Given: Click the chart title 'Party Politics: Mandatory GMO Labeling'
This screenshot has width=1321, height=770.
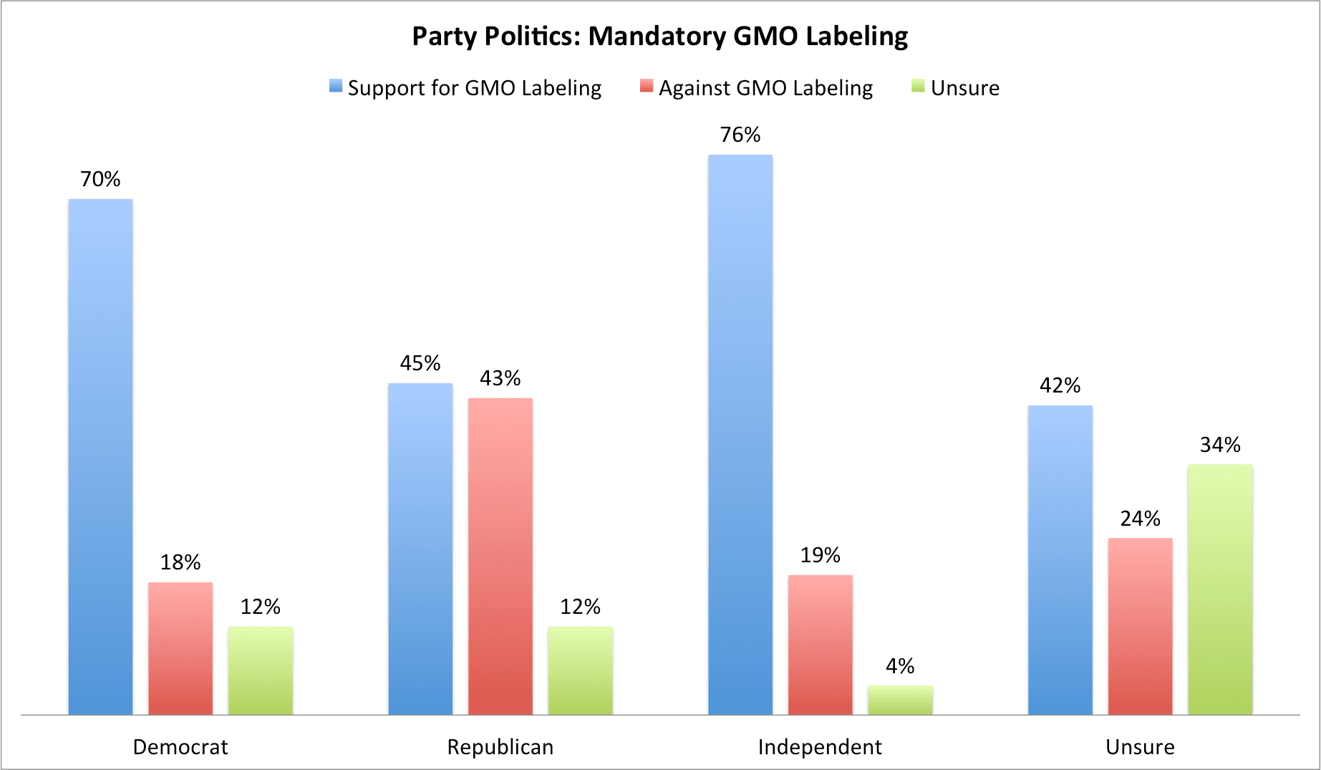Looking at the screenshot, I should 659,37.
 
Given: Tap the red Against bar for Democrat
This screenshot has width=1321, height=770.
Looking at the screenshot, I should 180,648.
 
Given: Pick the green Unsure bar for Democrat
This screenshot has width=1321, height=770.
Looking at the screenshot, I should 261,670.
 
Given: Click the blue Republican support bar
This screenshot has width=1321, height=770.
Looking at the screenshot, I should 420,549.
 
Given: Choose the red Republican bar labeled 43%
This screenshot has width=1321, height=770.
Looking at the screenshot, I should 500,556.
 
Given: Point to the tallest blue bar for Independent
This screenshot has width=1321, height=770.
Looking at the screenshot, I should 740,434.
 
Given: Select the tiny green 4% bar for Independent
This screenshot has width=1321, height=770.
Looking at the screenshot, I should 900,700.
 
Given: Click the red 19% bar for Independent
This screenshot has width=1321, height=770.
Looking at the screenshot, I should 821,645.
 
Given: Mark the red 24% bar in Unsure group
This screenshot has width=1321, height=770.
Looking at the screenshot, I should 1140,626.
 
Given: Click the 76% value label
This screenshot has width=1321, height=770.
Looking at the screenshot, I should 740,135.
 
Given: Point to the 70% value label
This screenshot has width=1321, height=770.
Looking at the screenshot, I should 100,179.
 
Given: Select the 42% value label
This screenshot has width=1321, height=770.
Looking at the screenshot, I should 1060,385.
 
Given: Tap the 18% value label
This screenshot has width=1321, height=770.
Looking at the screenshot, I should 180,562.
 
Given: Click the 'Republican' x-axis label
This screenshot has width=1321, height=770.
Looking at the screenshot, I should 500,747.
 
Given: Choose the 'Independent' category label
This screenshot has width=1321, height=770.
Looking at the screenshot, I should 820,747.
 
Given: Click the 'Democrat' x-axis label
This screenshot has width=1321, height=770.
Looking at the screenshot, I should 180,747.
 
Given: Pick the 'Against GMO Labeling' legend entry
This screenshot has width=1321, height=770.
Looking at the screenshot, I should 765,88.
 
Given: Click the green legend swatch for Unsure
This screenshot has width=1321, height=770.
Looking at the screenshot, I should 918,87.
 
